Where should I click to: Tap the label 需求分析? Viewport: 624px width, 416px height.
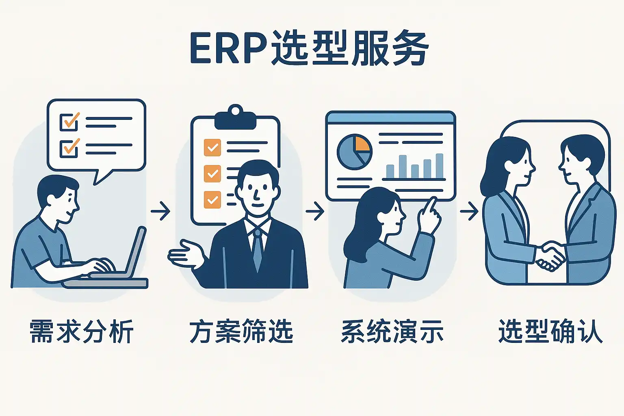[81, 331]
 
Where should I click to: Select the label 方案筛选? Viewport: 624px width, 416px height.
[241, 331]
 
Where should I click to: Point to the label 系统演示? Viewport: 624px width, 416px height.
[392, 331]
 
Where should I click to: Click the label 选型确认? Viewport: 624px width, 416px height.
[550, 331]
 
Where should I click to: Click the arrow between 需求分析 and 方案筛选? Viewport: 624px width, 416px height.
[160, 211]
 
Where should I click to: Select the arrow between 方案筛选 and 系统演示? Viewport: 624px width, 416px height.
[315, 211]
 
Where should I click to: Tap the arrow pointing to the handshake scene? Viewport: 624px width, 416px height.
[469, 211]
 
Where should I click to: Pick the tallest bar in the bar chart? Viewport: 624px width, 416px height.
[439, 166]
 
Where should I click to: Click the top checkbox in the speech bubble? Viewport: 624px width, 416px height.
[69, 121]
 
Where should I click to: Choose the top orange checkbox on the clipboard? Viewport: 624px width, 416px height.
[212, 147]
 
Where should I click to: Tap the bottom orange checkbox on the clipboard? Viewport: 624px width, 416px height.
[212, 199]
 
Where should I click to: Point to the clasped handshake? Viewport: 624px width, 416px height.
[550, 256]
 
